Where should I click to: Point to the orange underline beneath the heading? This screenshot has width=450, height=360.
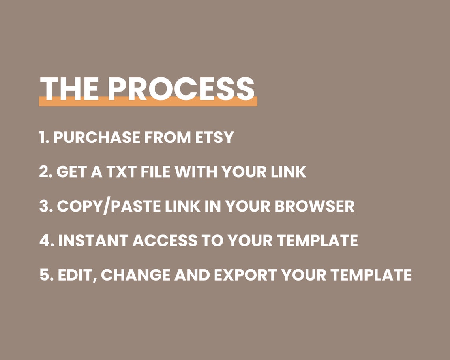point(148,103)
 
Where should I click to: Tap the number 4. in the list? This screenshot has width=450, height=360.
point(46,240)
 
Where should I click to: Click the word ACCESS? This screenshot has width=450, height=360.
point(164,240)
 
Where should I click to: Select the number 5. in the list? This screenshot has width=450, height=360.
point(46,275)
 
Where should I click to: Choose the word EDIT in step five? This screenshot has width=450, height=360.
point(77,275)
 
